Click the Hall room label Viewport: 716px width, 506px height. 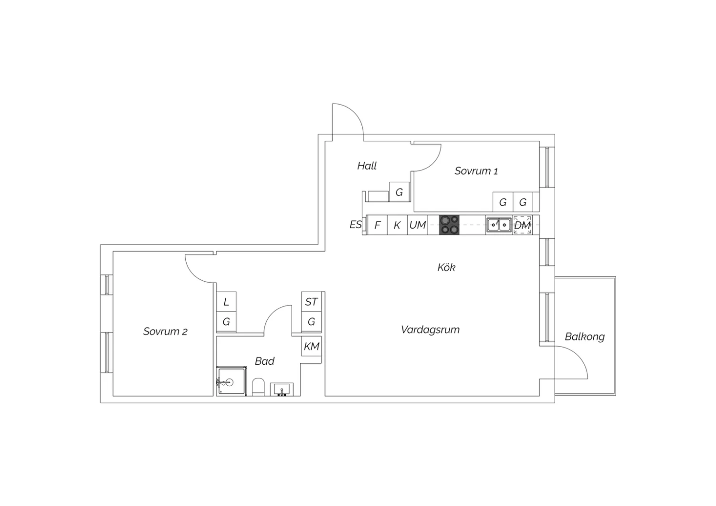click(367, 166)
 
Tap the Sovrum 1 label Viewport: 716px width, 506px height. click(476, 171)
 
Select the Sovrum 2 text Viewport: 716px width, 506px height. click(165, 331)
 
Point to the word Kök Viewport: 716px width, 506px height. click(446, 267)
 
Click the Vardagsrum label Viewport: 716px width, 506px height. click(430, 329)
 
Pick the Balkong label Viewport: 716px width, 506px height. click(585, 337)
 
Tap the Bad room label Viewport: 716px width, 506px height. click(264, 361)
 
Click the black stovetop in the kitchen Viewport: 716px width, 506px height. click(449, 225)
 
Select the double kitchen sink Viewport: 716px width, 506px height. click(499, 225)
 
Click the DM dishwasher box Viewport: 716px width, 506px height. click(523, 225)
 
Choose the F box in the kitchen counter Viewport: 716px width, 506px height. click(378, 225)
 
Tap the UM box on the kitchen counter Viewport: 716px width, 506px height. click(418, 225)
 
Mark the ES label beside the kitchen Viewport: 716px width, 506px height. click(356, 224)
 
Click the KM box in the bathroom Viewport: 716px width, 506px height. click(311, 346)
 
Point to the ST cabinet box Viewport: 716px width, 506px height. click(311, 301)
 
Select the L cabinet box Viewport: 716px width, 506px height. click(226, 301)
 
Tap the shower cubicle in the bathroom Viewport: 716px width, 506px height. click(232, 381)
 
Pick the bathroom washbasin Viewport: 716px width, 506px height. click(282, 390)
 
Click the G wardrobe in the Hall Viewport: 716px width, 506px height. click(399, 192)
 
